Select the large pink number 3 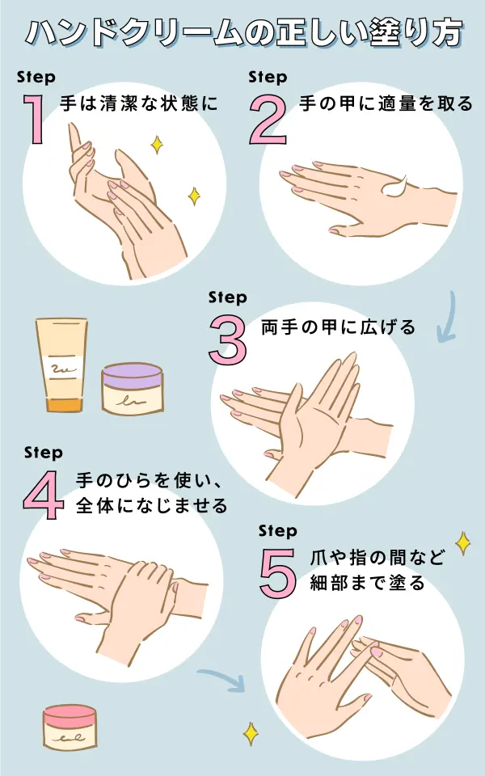point(227,339)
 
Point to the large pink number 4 point(44,493)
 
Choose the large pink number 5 point(278,571)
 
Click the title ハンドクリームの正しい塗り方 point(242,33)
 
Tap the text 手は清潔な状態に point(139,104)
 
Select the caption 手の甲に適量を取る point(386,104)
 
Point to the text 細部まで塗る point(368,583)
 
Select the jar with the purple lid point(132,388)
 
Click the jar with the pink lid point(70,727)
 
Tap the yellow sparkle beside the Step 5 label point(463,542)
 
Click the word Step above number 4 point(44,453)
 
